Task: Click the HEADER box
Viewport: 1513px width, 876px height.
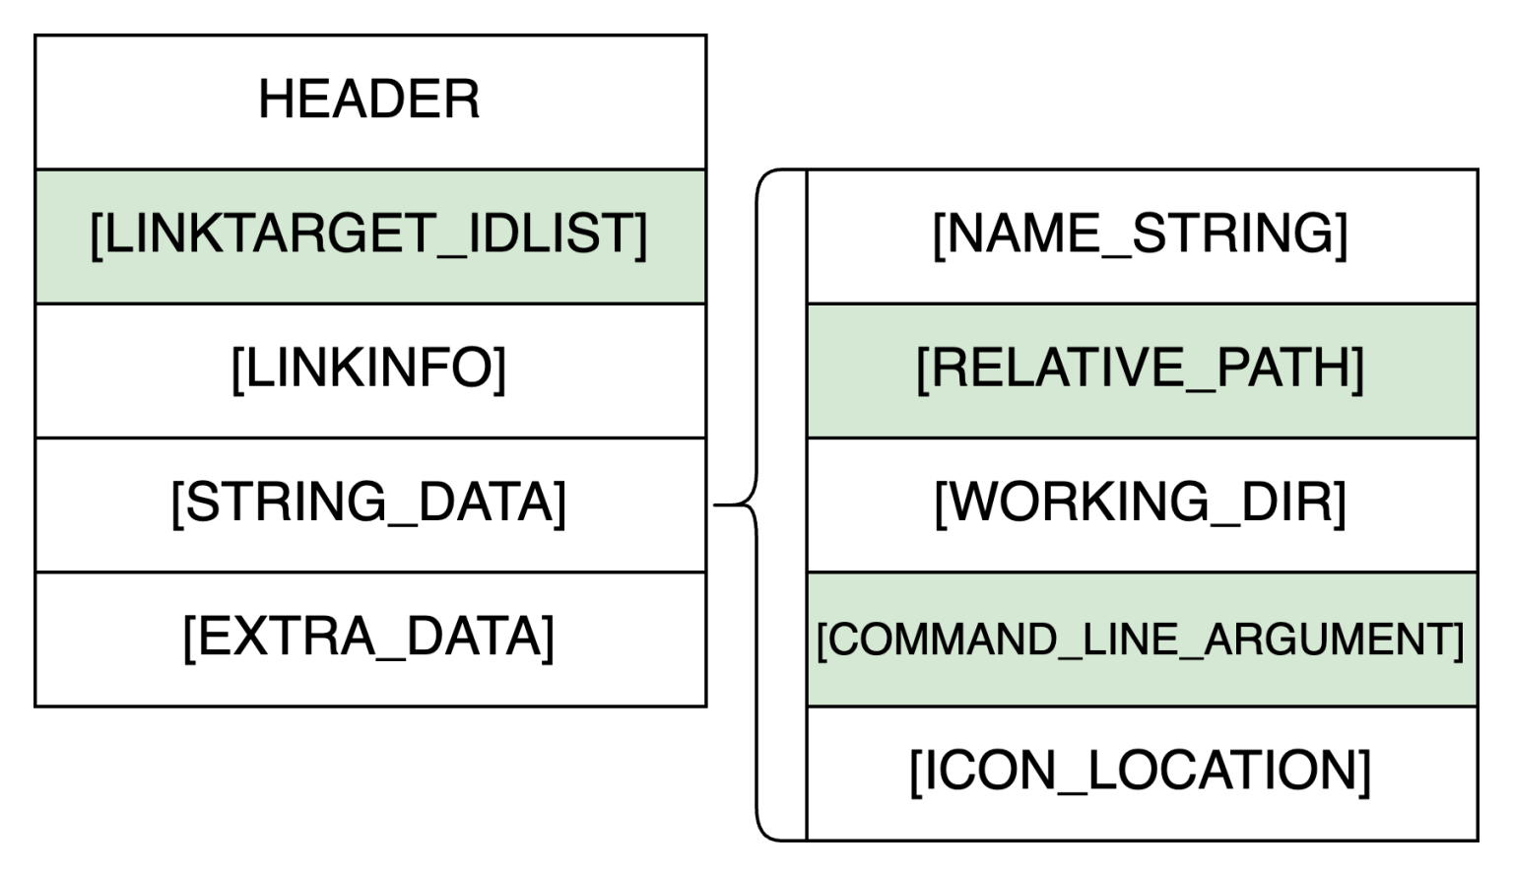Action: point(369,101)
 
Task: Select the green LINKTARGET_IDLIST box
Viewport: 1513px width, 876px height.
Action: point(369,236)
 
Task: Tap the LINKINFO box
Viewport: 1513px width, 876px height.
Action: point(369,370)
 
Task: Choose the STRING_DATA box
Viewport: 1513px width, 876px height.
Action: point(369,504)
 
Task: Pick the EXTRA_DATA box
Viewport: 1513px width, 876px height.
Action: point(369,638)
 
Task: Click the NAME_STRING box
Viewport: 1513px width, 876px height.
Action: point(1141,236)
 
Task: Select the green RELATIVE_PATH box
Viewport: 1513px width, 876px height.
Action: point(1141,370)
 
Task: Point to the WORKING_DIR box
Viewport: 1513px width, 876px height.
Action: point(1141,504)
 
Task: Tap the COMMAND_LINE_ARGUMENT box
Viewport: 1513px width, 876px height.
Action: point(1141,640)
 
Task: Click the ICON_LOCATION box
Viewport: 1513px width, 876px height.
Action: point(1141,772)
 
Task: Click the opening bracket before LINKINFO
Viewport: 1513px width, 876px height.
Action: point(236,370)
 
